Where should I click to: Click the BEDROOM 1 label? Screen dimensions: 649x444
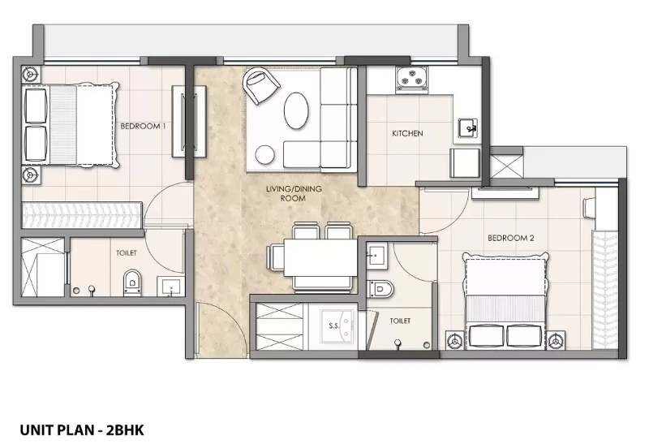(143, 126)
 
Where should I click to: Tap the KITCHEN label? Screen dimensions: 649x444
(407, 133)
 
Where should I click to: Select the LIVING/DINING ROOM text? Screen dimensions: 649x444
(294, 193)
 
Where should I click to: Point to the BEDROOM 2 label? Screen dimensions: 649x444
(511, 238)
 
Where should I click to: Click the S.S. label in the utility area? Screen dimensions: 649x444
(334, 326)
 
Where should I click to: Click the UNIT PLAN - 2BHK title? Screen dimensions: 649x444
(82, 430)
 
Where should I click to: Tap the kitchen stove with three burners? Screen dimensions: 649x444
(411, 78)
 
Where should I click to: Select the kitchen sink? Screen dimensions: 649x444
(468, 128)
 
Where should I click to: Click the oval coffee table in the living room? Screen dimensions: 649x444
(296, 110)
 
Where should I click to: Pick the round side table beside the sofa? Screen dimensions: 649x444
(265, 155)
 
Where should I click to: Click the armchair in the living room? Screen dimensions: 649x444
(260, 86)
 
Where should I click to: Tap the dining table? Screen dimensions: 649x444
(320, 257)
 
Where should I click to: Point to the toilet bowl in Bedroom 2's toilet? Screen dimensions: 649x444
(380, 289)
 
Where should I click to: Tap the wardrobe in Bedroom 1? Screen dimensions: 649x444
(82, 214)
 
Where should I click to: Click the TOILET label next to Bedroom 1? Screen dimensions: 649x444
(127, 252)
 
